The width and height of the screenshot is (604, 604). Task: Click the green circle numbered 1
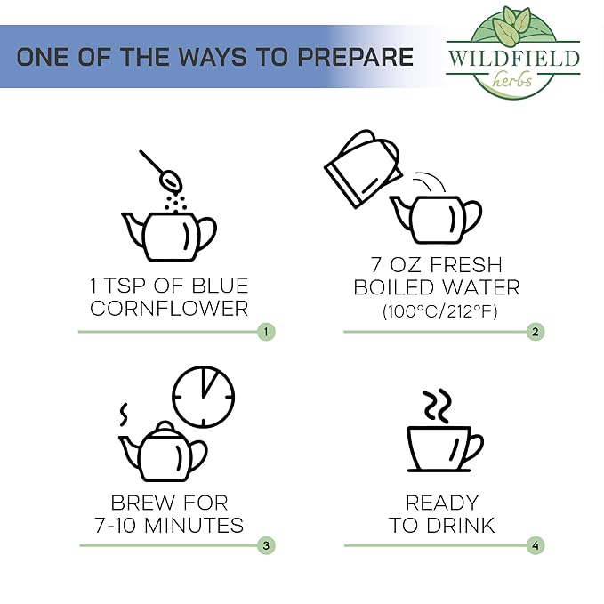pos(266,332)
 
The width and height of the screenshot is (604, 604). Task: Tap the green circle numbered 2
pos(536,332)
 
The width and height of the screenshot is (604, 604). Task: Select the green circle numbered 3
pos(266,545)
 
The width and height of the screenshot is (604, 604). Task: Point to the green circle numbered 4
pos(536,545)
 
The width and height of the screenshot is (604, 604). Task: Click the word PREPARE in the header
pos(356,57)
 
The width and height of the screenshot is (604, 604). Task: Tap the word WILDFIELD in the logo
pos(513,58)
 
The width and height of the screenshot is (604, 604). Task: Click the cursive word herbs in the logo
pos(512,80)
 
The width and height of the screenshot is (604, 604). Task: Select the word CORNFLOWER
pos(169,309)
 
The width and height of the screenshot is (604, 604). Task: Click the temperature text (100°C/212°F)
pos(440,311)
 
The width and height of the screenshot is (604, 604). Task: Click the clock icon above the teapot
pos(203,397)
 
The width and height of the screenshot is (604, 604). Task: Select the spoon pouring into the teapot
pos(161,171)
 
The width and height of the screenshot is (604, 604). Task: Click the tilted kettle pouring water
pos(363,169)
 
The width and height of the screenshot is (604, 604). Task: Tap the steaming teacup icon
pos(445,449)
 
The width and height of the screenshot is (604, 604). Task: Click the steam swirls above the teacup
pos(438,407)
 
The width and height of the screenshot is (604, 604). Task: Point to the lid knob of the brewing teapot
pos(165,426)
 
